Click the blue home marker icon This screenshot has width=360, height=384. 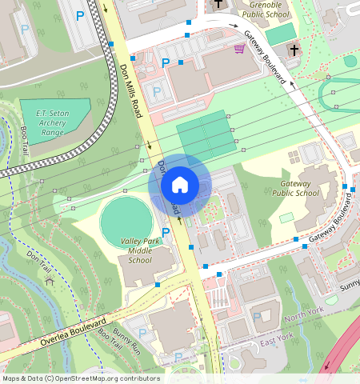pos(180,185)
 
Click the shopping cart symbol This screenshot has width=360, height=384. pos(238,48)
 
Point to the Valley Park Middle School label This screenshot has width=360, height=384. pos(139,250)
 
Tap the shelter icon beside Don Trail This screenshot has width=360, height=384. pos(49,281)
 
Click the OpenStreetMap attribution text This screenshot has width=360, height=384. pos(81,378)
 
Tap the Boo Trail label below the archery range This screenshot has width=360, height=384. pos(25,140)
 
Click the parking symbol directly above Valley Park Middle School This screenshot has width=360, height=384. pos(166,233)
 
